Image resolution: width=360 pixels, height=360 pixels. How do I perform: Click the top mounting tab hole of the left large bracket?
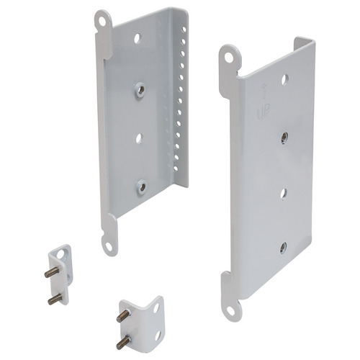(x=103, y=22)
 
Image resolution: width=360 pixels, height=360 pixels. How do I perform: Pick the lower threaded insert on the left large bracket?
(x=142, y=186)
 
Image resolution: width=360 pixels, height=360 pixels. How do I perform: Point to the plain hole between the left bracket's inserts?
(x=139, y=137)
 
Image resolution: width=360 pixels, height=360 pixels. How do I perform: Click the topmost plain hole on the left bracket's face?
(x=137, y=38)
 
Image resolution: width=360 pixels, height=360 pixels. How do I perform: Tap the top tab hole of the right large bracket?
(x=229, y=57)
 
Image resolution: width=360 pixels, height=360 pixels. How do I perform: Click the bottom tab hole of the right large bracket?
(x=230, y=311)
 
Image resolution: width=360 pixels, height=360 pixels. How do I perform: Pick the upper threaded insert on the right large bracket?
(x=285, y=135)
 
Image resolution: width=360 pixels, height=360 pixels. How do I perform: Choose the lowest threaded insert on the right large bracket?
(x=283, y=247)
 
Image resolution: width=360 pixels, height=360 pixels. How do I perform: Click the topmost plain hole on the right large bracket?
(x=286, y=79)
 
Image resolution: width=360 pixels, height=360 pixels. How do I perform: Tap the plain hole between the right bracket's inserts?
(x=284, y=192)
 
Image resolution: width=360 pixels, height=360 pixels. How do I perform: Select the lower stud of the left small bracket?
(x=53, y=299)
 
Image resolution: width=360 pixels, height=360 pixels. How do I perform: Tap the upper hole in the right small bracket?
(x=155, y=307)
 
